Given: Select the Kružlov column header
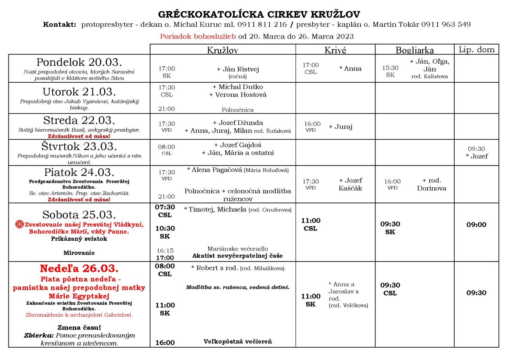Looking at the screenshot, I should click(x=222, y=50).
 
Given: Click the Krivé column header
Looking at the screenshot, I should click(x=335, y=50).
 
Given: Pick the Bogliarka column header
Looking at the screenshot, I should click(x=414, y=50).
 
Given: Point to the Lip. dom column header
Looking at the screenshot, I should click(x=477, y=50).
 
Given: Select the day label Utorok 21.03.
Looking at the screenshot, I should click(x=79, y=92).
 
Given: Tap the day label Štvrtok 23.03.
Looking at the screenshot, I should click(x=79, y=146).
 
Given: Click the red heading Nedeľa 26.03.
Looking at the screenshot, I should click(x=79, y=269).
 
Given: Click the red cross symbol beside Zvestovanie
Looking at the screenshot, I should click(x=20, y=224).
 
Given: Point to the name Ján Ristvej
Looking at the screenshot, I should click(x=238, y=69).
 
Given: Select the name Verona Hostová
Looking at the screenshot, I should click(x=238, y=95).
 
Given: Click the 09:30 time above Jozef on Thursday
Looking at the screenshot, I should click(x=476, y=149).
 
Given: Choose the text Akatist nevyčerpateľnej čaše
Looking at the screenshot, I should click(x=238, y=256).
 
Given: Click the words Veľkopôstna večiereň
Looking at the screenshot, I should click(x=238, y=341).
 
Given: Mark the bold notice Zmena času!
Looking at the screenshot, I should click(x=79, y=327).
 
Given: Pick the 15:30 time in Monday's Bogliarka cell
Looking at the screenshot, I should click(x=390, y=68).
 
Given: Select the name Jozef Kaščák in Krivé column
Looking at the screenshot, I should click(x=350, y=184).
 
